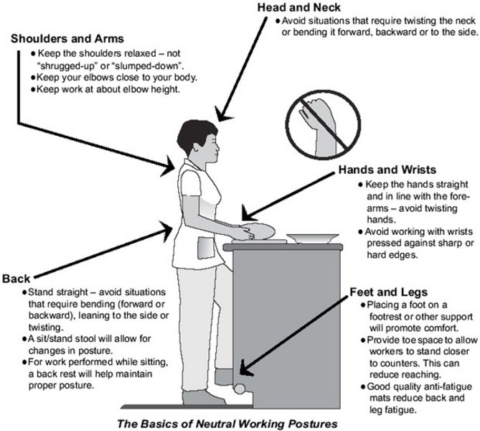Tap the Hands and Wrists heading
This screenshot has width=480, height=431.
point(386,170)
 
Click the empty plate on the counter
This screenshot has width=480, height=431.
point(313,238)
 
